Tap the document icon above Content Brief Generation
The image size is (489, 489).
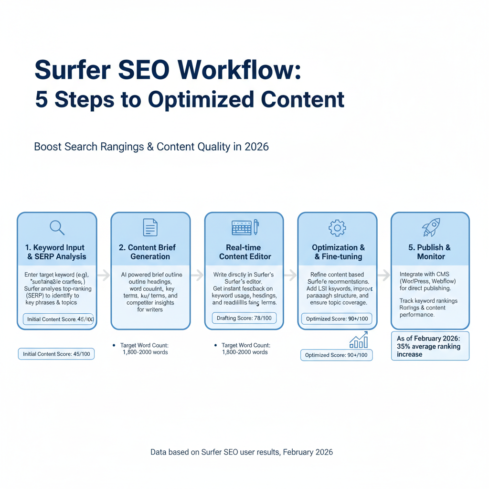(150, 227)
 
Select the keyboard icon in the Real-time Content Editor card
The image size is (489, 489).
(241, 227)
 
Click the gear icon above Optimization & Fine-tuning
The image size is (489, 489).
(337, 228)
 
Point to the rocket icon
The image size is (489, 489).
(431, 227)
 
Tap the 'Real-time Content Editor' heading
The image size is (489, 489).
(244, 252)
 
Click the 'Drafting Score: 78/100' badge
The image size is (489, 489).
(244, 318)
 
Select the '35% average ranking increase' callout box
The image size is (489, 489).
(430, 346)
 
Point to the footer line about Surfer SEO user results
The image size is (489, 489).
(242, 452)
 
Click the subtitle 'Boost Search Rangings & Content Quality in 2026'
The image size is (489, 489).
(151, 146)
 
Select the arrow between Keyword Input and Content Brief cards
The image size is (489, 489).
(104, 275)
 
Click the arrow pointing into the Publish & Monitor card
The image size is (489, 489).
(384, 275)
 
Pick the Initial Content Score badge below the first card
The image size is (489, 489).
(56, 354)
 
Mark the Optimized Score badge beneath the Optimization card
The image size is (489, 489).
(337, 355)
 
